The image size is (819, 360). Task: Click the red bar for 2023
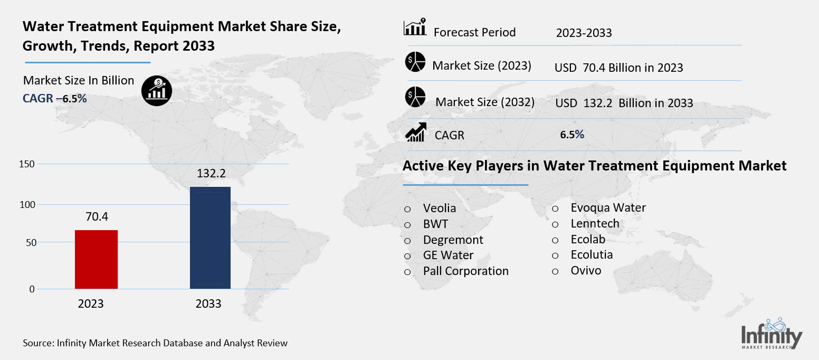click(96, 259)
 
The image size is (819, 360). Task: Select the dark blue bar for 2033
click(209, 238)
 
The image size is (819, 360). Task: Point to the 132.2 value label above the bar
click(209, 173)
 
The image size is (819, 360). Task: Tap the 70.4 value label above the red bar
click(96, 216)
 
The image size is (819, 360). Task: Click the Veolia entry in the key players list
click(439, 208)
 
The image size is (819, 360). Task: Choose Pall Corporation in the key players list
click(465, 271)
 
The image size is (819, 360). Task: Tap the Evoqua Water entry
click(608, 207)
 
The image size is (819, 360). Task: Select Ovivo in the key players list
click(586, 271)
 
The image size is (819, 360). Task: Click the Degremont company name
click(453, 240)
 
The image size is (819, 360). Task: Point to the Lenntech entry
click(595, 223)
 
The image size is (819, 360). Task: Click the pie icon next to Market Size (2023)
click(415, 62)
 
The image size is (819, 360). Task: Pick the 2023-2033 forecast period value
click(584, 33)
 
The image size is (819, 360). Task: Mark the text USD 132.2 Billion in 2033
click(624, 103)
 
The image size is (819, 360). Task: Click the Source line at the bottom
click(155, 343)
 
